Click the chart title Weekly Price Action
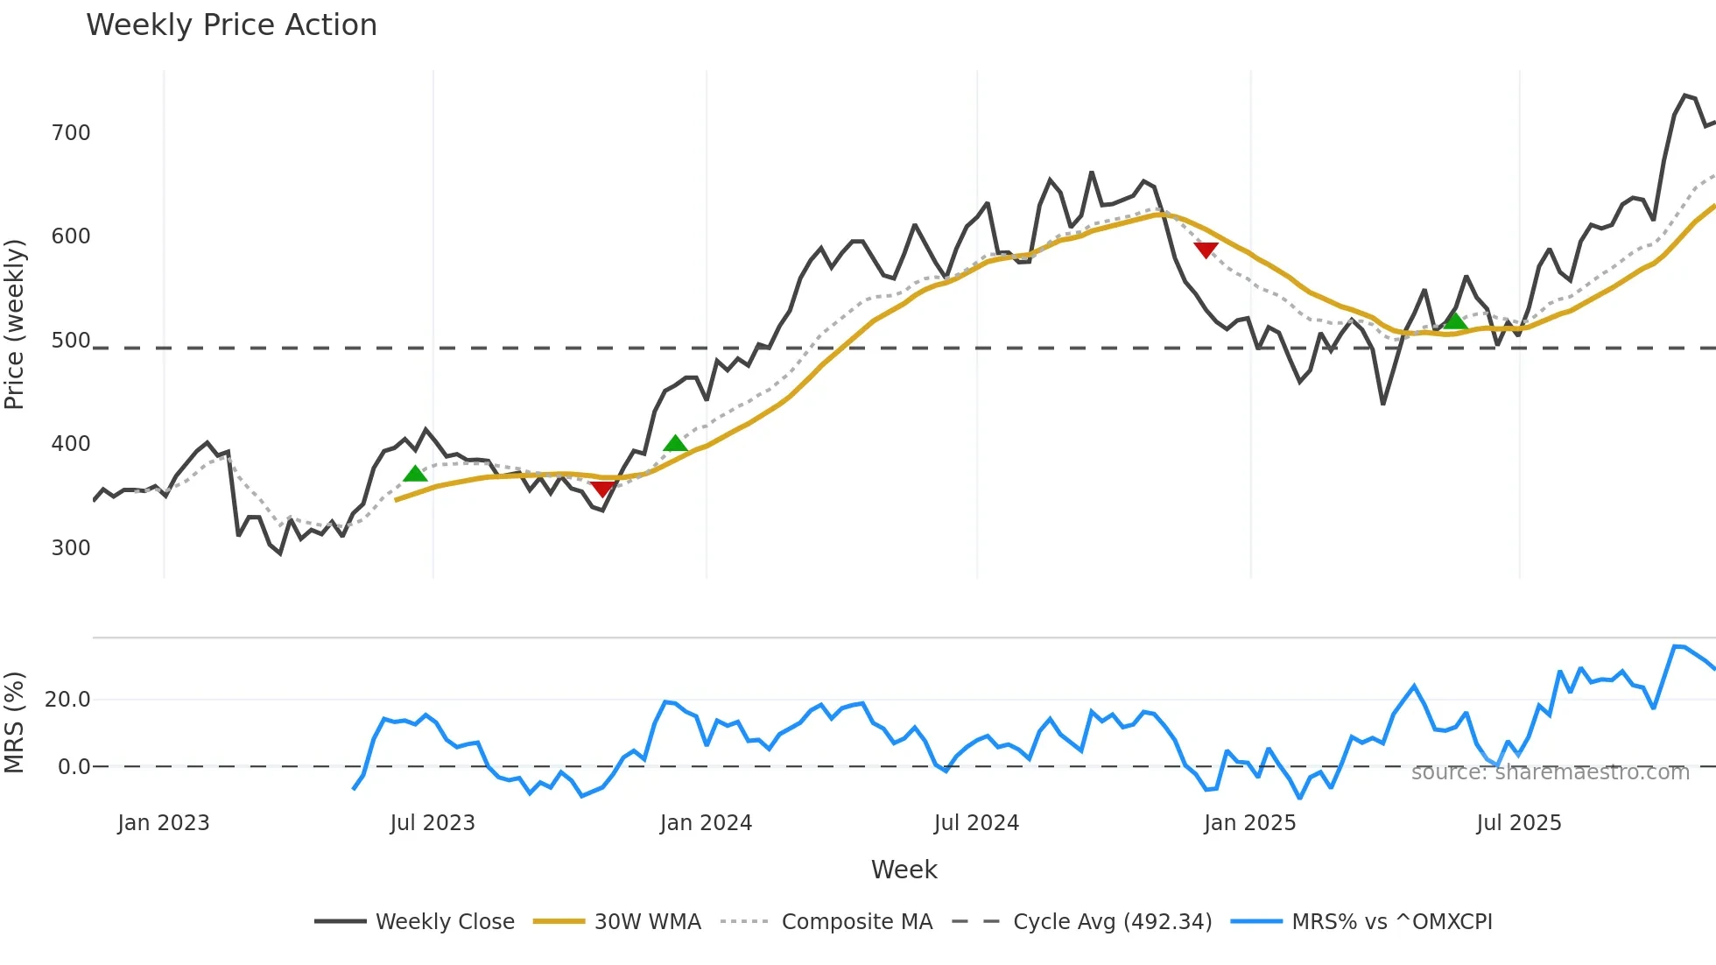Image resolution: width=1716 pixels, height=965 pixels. (x=231, y=25)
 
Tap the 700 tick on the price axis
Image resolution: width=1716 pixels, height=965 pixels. (x=71, y=133)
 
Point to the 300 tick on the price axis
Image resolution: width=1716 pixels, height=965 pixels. (x=71, y=548)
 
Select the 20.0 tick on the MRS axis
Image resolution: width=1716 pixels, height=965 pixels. (x=67, y=700)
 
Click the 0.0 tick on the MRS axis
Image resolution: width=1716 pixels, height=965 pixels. (x=74, y=767)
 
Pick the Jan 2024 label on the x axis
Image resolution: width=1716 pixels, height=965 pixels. (x=706, y=823)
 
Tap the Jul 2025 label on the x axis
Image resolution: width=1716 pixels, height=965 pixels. (x=1518, y=823)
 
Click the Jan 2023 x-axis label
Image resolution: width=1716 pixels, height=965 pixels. (x=164, y=823)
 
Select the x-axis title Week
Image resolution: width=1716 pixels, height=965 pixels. (x=904, y=870)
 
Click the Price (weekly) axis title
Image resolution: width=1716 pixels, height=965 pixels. (x=15, y=324)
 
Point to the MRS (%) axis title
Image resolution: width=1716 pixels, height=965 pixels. (x=15, y=722)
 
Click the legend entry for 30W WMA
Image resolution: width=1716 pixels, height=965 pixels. (x=647, y=922)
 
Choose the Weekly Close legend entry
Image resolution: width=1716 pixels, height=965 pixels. (x=445, y=922)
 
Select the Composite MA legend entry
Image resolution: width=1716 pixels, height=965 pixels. (x=856, y=922)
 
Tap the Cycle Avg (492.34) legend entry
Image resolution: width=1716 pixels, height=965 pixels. (x=1112, y=922)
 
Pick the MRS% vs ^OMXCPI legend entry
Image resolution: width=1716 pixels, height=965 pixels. (x=1391, y=922)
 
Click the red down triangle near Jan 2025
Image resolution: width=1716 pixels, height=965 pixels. (x=1206, y=250)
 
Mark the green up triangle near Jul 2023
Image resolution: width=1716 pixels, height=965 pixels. (x=415, y=474)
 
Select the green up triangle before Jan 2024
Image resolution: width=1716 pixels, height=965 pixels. (x=675, y=443)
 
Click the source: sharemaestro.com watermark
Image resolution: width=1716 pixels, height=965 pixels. (x=1550, y=772)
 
